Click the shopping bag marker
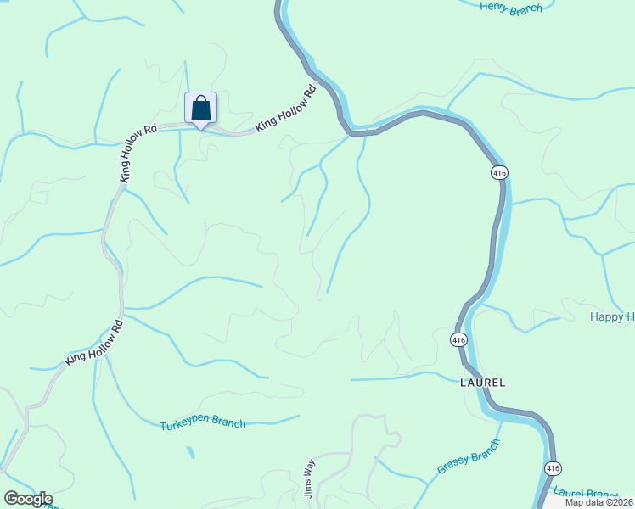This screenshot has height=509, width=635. pos(200,109)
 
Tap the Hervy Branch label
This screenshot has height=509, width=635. pos(511,8)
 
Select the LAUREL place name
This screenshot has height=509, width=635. pos(483,383)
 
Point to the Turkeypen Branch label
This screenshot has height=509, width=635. pos(203,423)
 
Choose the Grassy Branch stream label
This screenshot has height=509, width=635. pos(469,462)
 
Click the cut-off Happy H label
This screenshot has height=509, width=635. pos(612,317)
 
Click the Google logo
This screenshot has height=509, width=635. pos(28,499)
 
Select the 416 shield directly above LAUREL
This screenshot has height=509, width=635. pos(459,339)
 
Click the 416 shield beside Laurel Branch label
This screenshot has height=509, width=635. pos(553,468)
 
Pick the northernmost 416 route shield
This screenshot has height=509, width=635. pos(499,172)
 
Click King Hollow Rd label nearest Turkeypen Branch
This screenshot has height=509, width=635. pos(94,344)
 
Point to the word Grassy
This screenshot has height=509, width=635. pos(452,469)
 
